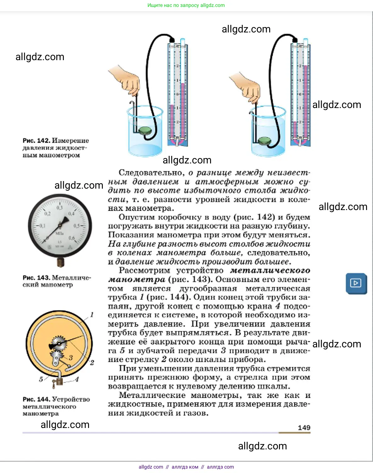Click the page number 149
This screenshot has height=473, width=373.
[x=304, y=427]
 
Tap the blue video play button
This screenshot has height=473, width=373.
[x=356, y=283]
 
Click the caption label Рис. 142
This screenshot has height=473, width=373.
[x=36, y=140]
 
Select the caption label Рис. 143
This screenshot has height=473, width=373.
[x=36, y=277]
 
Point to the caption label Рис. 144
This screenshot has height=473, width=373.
[x=36, y=399]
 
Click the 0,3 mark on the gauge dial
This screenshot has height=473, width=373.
[x=59, y=208]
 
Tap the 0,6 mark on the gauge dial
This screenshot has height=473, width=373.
[x=72, y=238]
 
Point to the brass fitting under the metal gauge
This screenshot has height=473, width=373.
[x=60, y=262]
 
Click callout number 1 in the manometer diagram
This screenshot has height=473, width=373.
[x=92, y=314]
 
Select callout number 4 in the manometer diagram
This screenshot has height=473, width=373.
[x=77, y=379]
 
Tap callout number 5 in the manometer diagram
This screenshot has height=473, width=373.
[x=41, y=379]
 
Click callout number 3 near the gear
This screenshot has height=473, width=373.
[x=71, y=357]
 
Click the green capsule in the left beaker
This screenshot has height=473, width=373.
[x=145, y=130]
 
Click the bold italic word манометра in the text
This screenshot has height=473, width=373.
[x=136, y=279]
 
